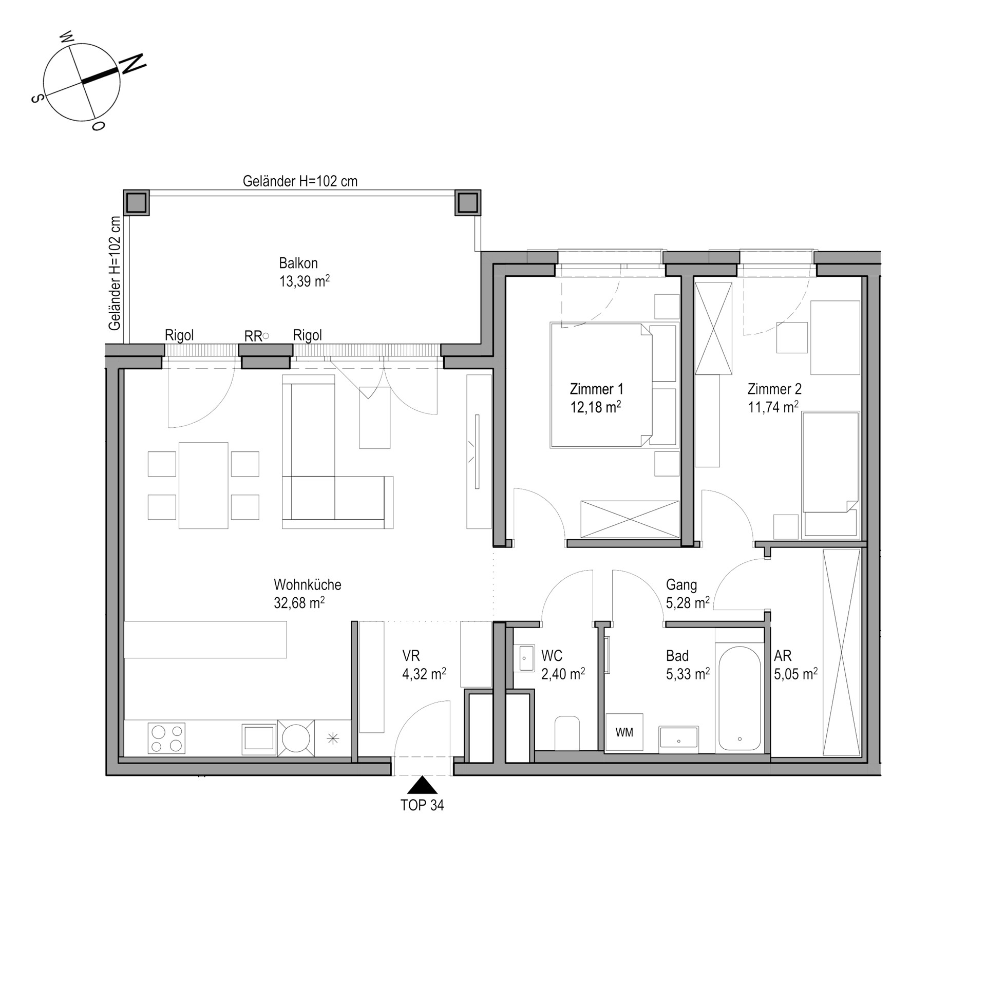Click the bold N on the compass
tap(132, 64)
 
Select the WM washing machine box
tap(624, 733)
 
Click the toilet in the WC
tap(567, 733)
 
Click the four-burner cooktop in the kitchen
tap(166, 738)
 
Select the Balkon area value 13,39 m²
tap(305, 281)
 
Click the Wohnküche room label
tap(308, 584)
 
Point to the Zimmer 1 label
tap(597, 389)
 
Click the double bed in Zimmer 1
tap(601, 385)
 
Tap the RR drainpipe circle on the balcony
tap(266, 336)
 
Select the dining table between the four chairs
tap(203, 485)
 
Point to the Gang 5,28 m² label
tap(688, 594)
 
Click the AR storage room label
tap(783, 656)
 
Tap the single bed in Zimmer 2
tap(830, 474)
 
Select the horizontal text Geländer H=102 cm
tap(300, 181)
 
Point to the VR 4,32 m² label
tap(424, 665)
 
